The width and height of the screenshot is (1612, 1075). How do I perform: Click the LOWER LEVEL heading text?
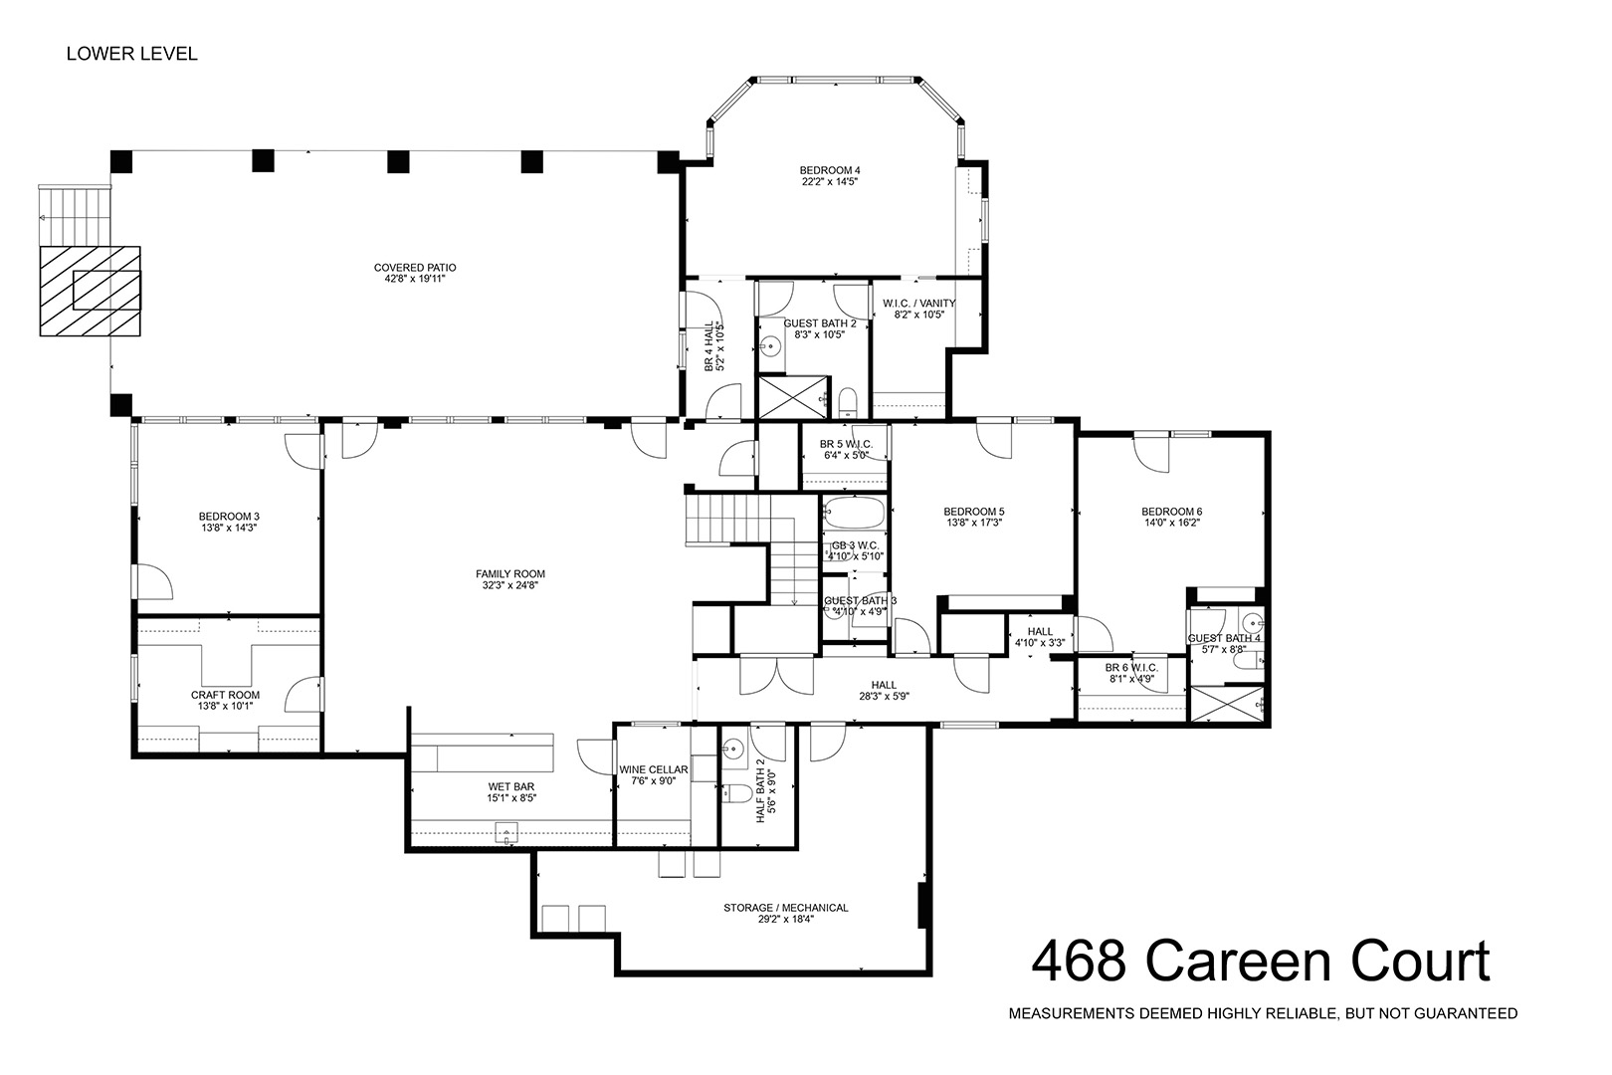coord(131,54)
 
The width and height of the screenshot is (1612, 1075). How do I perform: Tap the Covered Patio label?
coord(415,268)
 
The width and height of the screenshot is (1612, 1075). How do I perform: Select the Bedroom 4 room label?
coord(830,170)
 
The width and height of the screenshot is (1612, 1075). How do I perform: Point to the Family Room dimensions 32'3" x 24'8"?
coord(510,585)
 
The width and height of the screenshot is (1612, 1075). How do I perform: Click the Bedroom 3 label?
coord(229,517)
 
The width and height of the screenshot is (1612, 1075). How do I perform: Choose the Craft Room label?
coord(225,695)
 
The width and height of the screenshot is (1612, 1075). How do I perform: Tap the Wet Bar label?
coord(511,787)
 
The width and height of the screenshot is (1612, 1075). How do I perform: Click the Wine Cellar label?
coord(654,769)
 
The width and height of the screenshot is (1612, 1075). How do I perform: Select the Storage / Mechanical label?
coord(786,908)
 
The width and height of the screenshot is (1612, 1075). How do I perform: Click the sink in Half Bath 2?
coord(732,749)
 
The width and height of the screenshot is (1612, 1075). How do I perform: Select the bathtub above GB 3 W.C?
coord(854,514)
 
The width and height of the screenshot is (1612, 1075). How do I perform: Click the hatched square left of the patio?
coord(90,291)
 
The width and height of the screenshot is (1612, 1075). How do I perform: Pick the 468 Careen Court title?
coord(1261,962)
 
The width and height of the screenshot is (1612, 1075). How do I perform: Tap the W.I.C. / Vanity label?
coord(919,304)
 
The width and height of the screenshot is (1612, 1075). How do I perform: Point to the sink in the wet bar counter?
coord(505,833)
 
